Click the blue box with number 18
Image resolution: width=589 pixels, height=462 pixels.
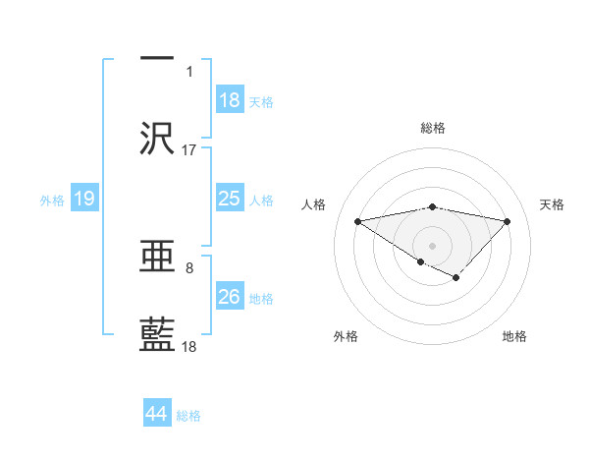(x=230, y=100)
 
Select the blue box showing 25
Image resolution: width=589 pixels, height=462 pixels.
(x=230, y=199)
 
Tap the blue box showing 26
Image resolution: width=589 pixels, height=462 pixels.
(x=230, y=297)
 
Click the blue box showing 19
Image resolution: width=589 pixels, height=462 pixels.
(x=84, y=199)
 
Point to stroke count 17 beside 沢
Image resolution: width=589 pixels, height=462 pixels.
(x=189, y=150)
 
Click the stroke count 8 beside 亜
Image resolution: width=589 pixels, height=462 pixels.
(x=189, y=267)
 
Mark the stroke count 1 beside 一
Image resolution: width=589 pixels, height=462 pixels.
(x=189, y=72)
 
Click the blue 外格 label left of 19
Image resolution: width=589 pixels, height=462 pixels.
(x=52, y=200)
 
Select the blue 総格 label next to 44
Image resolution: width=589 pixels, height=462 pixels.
(x=188, y=415)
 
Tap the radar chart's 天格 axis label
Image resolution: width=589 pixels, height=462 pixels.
(x=553, y=204)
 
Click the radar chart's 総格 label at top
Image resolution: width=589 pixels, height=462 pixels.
(x=432, y=129)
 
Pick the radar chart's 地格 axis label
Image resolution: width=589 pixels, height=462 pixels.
(x=514, y=336)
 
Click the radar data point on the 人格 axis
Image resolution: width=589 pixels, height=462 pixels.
(x=357, y=220)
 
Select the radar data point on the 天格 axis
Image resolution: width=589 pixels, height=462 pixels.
(x=507, y=221)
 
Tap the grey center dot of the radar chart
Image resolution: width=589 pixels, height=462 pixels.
(x=432, y=244)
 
